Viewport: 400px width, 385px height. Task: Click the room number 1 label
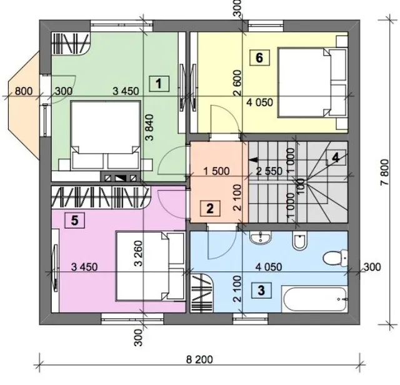coord(159,84)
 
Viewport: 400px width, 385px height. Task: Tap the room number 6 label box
coord(259,58)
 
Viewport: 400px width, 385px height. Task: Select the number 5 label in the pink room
coord(75,220)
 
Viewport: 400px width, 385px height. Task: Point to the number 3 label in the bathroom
coord(261,291)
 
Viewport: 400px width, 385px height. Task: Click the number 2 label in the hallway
coord(210,209)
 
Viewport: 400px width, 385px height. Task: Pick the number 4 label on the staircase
coord(336,158)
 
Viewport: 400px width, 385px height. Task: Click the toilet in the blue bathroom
coord(335,257)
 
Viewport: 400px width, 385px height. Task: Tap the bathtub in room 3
coord(314,299)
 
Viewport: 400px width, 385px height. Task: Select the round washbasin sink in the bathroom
coord(261,238)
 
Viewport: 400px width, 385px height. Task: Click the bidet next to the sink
coord(299,241)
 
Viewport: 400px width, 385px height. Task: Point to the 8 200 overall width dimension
coord(199,359)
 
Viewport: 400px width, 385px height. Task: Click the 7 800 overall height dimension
coord(385,172)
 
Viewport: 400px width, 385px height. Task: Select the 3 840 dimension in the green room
coord(150,127)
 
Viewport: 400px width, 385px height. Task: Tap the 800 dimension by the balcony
coord(24,91)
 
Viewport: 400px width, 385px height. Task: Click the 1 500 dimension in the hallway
coord(216,171)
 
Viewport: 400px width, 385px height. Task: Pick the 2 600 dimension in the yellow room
coord(237,83)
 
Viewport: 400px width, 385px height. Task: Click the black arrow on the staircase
coord(253,160)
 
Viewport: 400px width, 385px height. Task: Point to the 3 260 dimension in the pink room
coord(139,253)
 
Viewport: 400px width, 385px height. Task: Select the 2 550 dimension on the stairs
coord(269,171)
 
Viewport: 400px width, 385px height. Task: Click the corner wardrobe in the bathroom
coord(202,293)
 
